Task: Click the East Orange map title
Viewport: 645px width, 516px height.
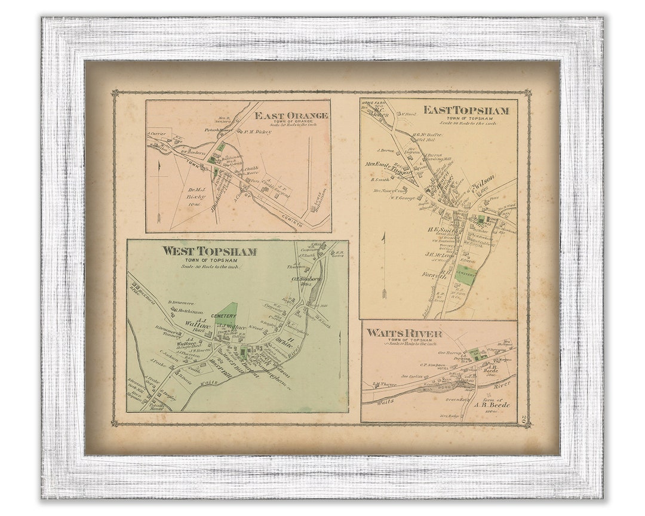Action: [x=291, y=115]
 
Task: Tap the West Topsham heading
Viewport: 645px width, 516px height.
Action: [x=209, y=251]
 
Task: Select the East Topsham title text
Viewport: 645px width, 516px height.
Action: [x=466, y=110]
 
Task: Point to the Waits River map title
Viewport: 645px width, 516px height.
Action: [x=404, y=333]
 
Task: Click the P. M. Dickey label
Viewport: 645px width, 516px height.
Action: [x=257, y=131]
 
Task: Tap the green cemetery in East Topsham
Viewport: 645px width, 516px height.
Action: [x=465, y=274]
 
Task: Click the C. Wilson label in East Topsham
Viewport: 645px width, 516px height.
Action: [x=484, y=179]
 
